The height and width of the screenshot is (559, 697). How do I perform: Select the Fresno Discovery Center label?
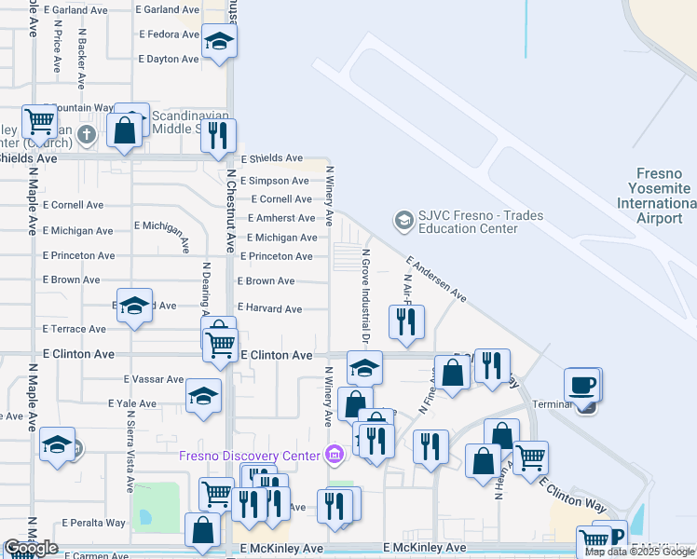[251, 455]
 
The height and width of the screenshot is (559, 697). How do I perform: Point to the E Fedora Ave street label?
[169, 34]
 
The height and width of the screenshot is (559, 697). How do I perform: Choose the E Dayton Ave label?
[168, 59]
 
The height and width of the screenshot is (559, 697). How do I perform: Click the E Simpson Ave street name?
[274, 181]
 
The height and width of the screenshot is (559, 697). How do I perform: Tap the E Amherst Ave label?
[280, 218]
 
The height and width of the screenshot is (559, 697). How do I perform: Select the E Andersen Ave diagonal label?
[436, 279]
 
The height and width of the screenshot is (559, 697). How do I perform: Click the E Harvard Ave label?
[269, 308]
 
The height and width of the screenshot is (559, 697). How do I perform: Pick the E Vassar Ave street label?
[154, 379]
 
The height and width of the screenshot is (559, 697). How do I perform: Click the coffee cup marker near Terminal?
[582, 385]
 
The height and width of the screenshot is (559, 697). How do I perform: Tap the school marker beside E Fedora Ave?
[219, 41]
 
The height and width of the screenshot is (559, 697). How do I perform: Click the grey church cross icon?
[87, 134]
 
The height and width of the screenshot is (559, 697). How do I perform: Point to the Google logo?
[31, 548]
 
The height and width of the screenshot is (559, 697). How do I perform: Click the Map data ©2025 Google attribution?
[640, 552]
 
